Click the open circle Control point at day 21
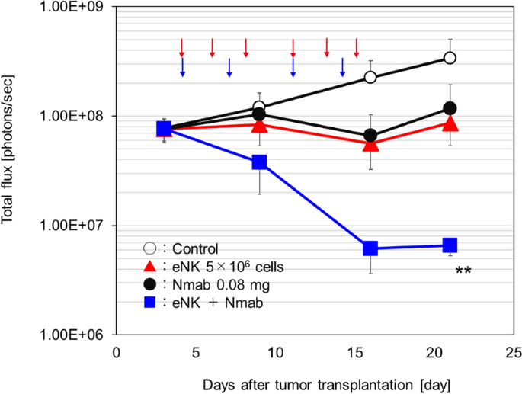point(450,58)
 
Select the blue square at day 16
point(370,248)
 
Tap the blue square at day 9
point(259,162)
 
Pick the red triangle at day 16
point(370,144)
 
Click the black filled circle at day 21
point(450,108)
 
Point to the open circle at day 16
point(370,77)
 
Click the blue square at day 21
point(450,245)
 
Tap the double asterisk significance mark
point(463,272)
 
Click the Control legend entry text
point(196,248)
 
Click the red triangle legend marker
point(150,267)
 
